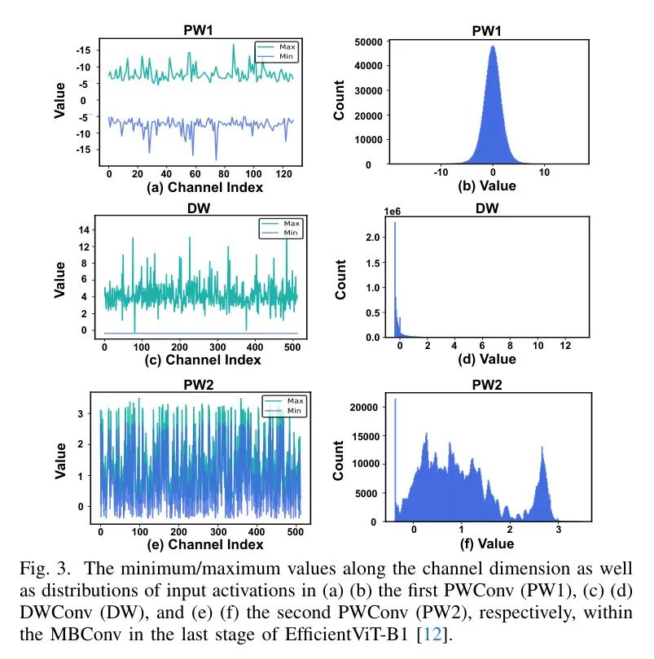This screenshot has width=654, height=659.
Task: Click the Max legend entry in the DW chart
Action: [287, 222]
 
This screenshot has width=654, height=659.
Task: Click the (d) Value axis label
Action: [487, 359]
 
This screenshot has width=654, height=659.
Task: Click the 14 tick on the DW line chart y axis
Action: [82, 230]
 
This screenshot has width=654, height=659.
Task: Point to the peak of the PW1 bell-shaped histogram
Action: [493, 47]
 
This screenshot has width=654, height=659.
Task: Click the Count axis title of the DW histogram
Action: [340, 279]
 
